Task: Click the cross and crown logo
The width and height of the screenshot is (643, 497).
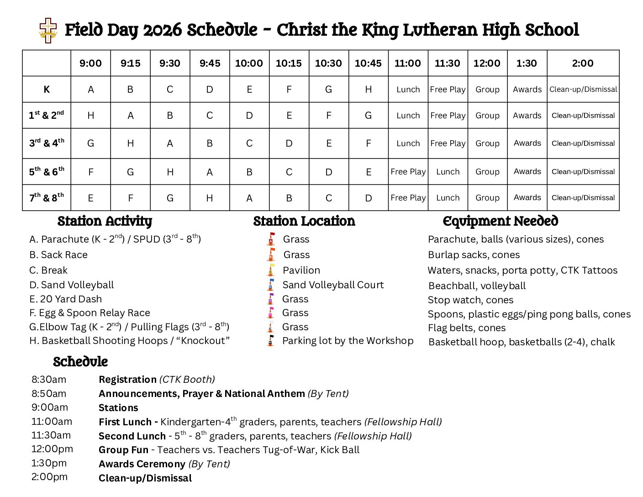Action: click(x=48, y=30)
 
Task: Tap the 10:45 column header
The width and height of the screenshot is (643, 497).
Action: click(x=368, y=63)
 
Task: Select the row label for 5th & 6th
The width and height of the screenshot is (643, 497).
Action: click(x=47, y=172)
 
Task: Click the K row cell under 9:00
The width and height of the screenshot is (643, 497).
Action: click(x=90, y=90)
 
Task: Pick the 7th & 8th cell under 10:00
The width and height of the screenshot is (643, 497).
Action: click(x=249, y=198)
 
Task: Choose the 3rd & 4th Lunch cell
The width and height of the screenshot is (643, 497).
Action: click(x=408, y=143)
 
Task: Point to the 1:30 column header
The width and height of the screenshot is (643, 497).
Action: click(x=527, y=63)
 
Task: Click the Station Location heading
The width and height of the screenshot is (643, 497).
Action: click(x=304, y=221)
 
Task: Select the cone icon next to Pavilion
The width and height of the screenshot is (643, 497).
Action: click(x=271, y=270)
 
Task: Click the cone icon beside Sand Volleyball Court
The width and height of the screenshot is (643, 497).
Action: click(x=271, y=285)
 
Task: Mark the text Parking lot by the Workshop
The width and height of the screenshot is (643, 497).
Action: click(x=348, y=341)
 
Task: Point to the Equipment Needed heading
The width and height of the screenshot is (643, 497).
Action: click(x=501, y=221)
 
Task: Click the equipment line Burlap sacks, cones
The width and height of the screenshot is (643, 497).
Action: click(x=474, y=255)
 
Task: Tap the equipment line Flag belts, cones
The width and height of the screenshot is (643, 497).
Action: click(x=466, y=328)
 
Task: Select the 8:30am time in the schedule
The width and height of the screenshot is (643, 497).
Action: click(x=49, y=380)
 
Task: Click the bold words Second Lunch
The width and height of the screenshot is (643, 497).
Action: click(x=132, y=436)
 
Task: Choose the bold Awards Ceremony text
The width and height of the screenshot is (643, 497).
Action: click(x=142, y=464)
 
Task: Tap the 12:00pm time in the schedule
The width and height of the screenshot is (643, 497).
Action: click(x=52, y=449)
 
